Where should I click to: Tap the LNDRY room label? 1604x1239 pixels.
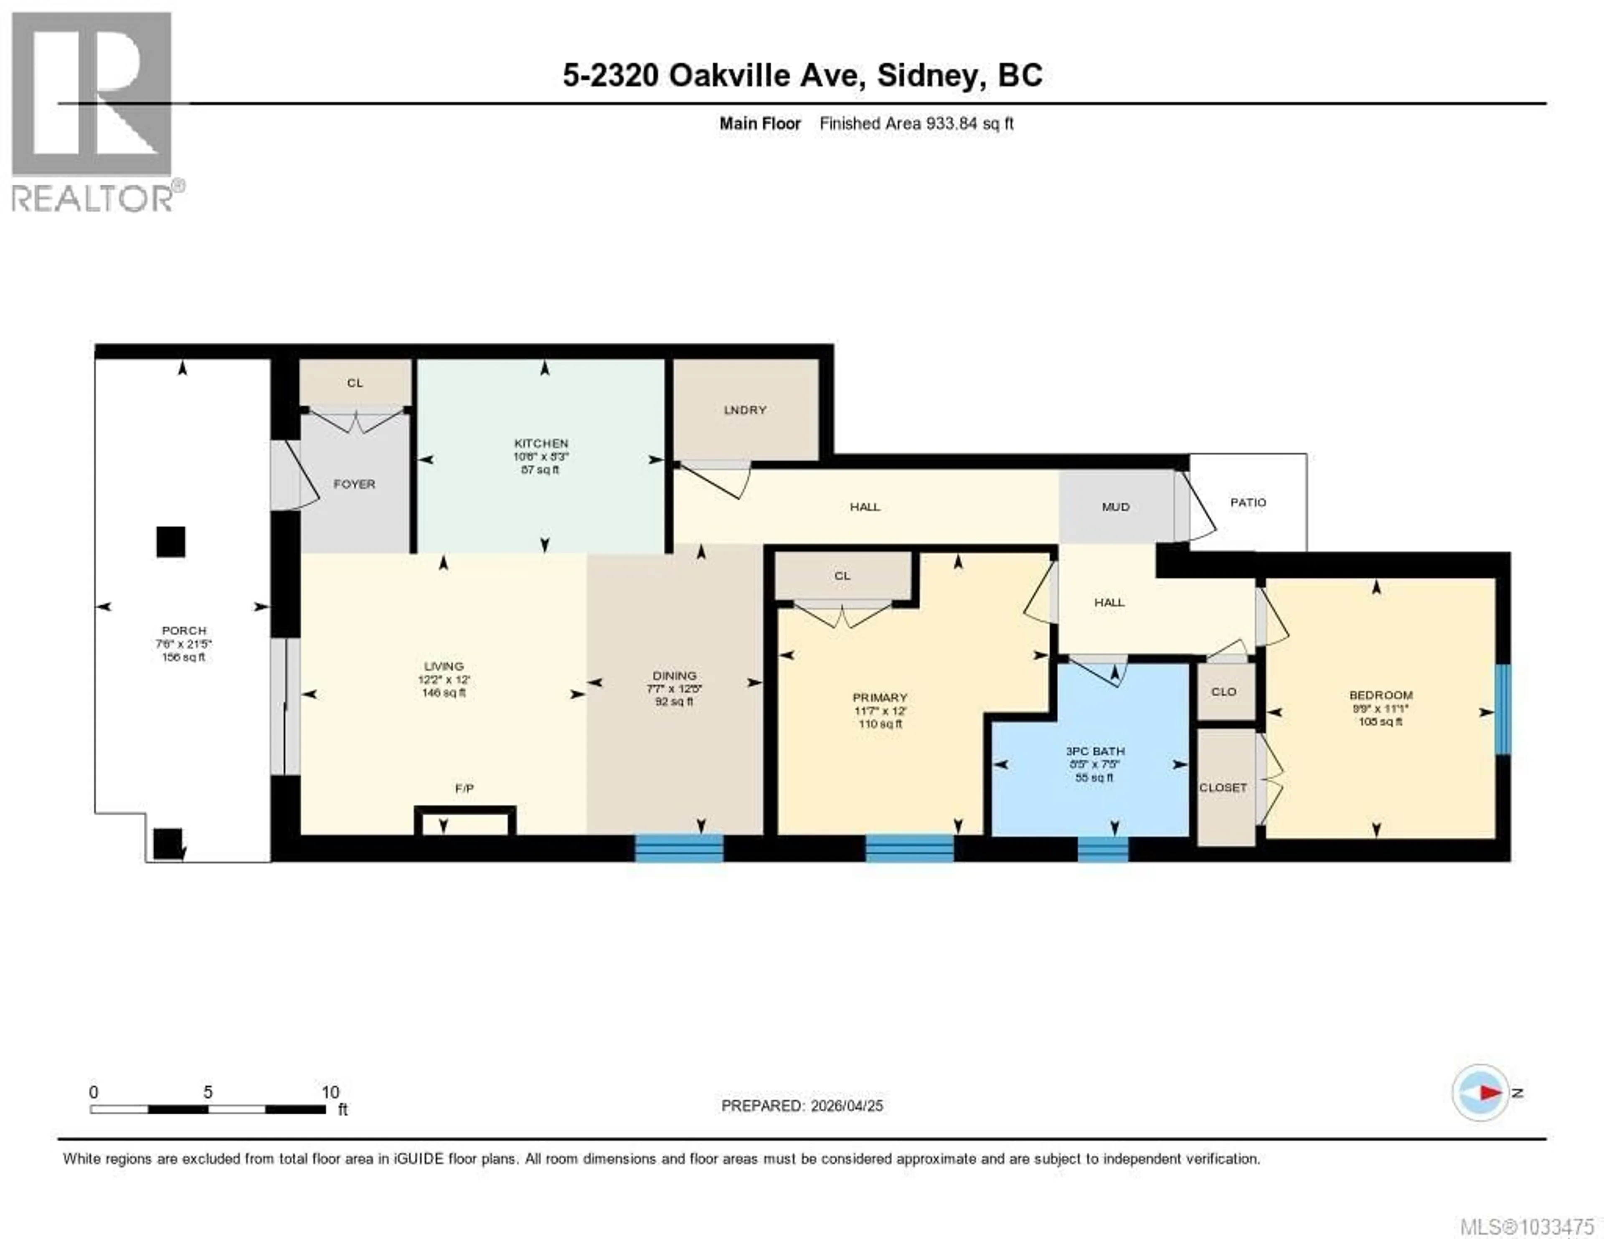tap(745, 410)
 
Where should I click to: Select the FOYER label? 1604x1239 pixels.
tap(354, 484)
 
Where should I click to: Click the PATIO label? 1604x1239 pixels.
tap(1248, 503)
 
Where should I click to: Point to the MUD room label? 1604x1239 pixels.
tap(1115, 507)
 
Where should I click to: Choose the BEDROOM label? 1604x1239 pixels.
tap(1381, 695)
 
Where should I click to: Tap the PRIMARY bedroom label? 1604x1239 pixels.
tap(880, 697)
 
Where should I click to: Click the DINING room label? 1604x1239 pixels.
tap(674, 675)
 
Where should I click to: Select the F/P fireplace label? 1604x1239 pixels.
tap(464, 788)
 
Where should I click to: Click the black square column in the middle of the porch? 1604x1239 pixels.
tap(170, 542)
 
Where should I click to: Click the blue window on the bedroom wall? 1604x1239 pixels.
tap(1502, 709)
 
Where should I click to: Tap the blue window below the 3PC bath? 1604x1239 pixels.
tap(1102, 849)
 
